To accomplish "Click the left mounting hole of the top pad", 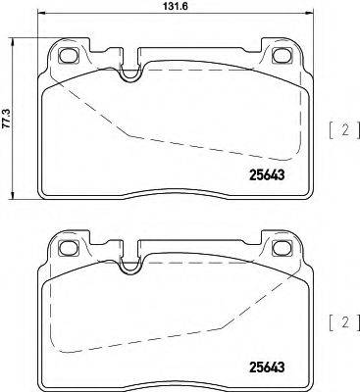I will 68,56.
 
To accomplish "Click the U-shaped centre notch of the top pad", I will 129,69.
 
